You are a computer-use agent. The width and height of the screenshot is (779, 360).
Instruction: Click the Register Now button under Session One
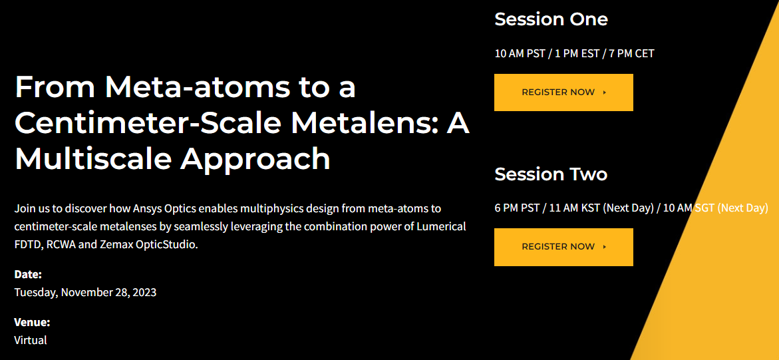(563, 92)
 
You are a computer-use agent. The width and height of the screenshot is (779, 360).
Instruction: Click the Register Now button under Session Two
(563, 247)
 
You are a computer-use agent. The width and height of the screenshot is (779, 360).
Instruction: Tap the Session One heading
(551, 19)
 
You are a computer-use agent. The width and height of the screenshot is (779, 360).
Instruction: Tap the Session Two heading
(551, 174)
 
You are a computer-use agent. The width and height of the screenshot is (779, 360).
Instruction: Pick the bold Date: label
(28, 274)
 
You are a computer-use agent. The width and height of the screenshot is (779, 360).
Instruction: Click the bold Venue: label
(33, 322)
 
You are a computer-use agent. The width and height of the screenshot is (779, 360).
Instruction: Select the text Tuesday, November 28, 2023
(85, 292)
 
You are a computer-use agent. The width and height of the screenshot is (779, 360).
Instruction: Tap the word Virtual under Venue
(31, 341)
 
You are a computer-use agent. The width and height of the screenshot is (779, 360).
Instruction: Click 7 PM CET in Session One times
(632, 53)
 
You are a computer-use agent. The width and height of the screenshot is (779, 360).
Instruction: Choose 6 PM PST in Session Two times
(517, 208)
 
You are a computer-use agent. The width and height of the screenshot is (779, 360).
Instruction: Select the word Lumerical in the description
(441, 227)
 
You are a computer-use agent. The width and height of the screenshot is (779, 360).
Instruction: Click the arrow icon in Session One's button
(604, 92)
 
